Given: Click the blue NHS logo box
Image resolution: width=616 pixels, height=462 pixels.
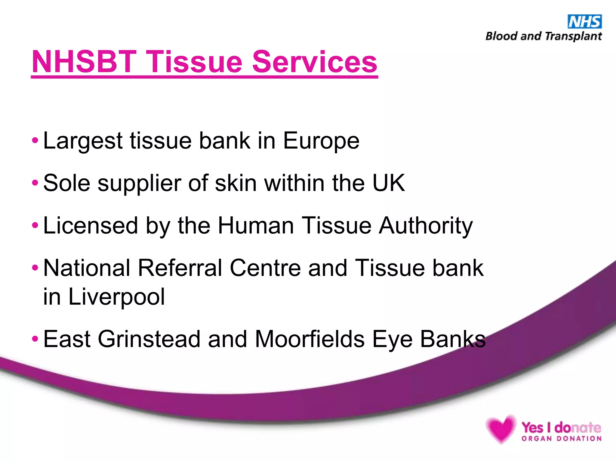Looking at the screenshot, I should pyautogui.click(x=584, y=22).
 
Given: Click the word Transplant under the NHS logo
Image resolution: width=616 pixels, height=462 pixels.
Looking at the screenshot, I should pyautogui.click(x=573, y=36).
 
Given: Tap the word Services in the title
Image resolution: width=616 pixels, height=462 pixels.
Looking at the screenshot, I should pyautogui.click(x=315, y=62).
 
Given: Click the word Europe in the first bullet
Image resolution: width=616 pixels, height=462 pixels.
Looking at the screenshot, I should pyautogui.click(x=321, y=141).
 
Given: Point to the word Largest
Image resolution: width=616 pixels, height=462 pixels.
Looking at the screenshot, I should pyautogui.click(x=83, y=141).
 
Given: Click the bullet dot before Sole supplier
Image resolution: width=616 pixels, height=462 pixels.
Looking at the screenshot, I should pyautogui.click(x=35, y=183).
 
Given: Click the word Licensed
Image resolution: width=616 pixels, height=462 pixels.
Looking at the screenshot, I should pyautogui.click(x=91, y=226).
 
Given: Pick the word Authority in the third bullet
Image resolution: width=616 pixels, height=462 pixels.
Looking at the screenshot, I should pyautogui.click(x=426, y=226).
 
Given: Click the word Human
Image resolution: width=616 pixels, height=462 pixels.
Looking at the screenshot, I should pyautogui.click(x=256, y=226).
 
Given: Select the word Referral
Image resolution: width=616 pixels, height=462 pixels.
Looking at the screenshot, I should pyautogui.click(x=180, y=268).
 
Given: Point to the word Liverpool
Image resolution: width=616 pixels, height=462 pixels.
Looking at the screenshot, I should pyautogui.click(x=117, y=297).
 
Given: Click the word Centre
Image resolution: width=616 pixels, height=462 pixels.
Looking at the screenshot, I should pyautogui.click(x=265, y=268).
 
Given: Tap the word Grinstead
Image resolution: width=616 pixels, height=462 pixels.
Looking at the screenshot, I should pyautogui.click(x=149, y=339).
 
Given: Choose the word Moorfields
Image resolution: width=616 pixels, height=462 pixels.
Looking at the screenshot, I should pyautogui.click(x=310, y=339).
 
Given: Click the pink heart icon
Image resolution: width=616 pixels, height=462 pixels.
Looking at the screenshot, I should pyautogui.click(x=500, y=429).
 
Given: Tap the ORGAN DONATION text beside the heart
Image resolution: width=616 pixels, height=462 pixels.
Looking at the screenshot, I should pyautogui.click(x=561, y=439).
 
